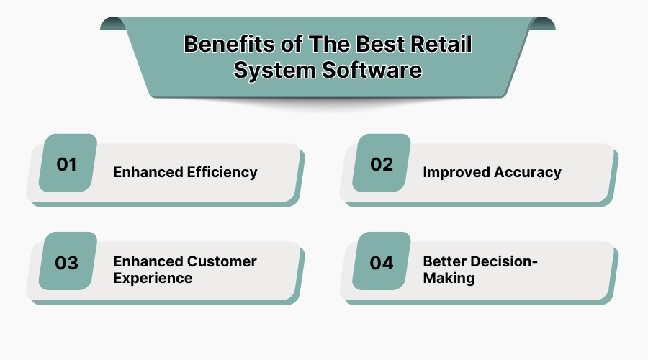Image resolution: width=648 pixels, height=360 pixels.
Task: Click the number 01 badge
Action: pyautogui.click(x=67, y=164)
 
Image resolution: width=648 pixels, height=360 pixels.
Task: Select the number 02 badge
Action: pyautogui.click(x=382, y=164)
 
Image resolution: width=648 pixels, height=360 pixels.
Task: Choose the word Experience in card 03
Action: pyautogui.click(x=153, y=279)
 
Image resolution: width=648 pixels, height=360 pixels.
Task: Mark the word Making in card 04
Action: pyautogui.click(x=449, y=279)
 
